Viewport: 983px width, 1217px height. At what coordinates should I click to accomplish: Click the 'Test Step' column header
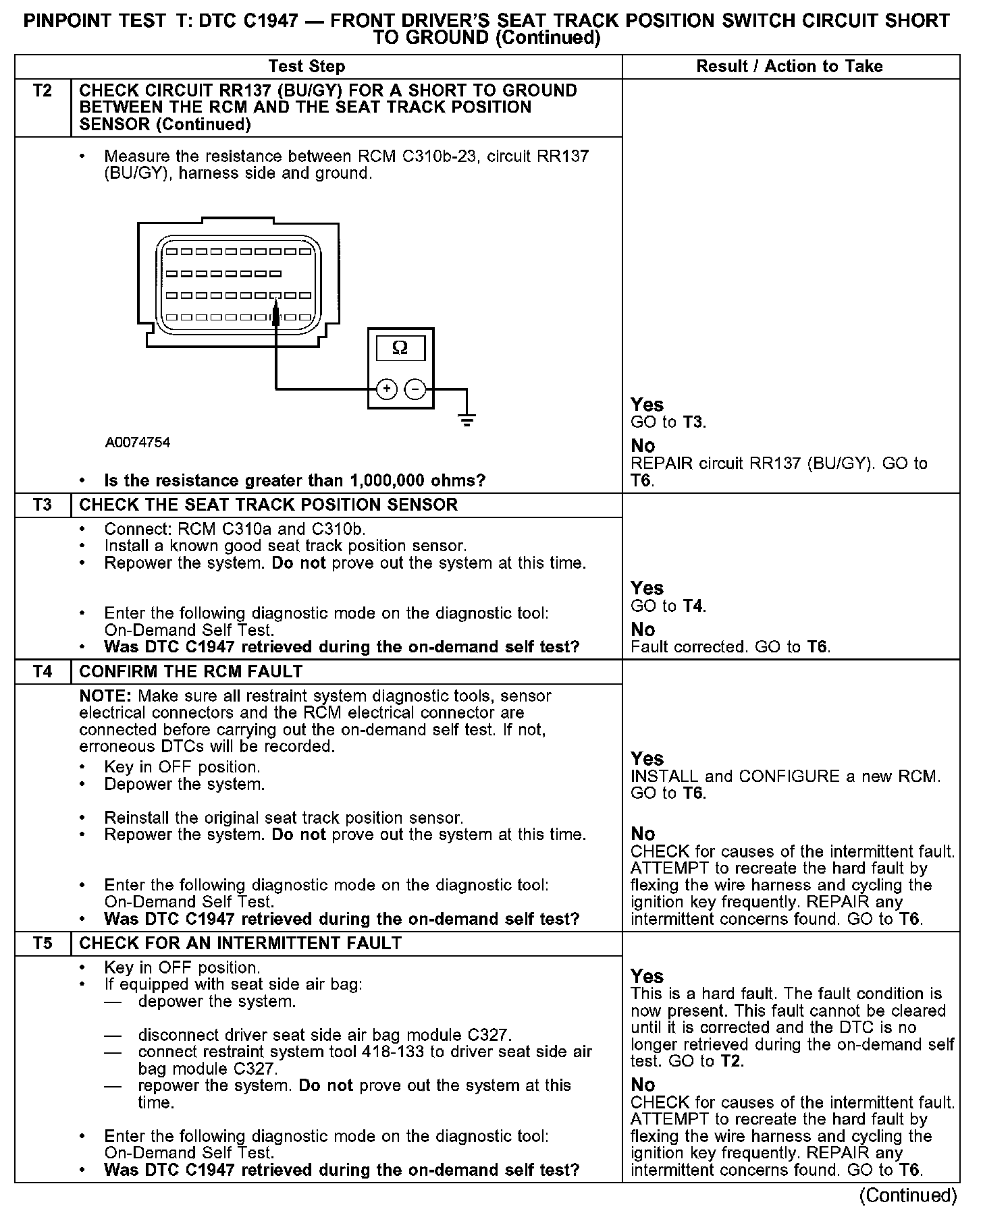[x=307, y=66]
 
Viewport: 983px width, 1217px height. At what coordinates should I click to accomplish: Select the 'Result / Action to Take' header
[x=789, y=66]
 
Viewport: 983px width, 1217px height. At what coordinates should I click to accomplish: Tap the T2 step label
[x=42, y=91]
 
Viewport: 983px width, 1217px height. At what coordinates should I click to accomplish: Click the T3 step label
[x=42, y=505]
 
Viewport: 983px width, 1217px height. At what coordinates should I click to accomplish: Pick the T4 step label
[x=42, y=672]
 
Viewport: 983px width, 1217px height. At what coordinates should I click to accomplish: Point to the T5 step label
[x=42, y=943]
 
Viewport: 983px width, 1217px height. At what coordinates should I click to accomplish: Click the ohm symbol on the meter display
[x=400, y=348]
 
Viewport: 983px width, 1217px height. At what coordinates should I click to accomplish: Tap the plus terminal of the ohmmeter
[x=386, y=389]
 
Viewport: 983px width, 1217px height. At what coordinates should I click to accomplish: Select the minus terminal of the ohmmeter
[x=415, y=389]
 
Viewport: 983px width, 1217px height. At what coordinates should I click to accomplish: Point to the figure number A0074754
[x=138, y=443]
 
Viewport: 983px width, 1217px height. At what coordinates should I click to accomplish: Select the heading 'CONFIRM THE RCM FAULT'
[x=191, y=672]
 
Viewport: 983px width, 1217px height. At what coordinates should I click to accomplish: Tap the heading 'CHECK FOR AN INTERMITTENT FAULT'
[x=240, y=943]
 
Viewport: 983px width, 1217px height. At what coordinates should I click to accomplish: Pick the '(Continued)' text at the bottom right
[x=908, y=1195]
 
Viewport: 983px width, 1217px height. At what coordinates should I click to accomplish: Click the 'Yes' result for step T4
[x=647, y=758]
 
